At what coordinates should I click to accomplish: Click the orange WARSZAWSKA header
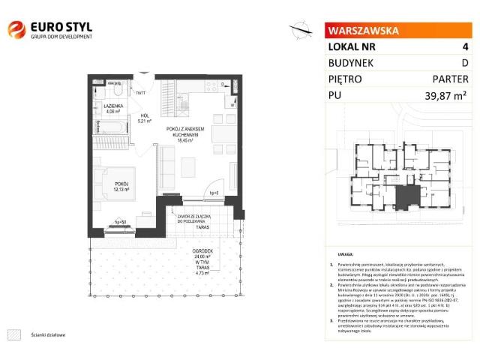[362, 31]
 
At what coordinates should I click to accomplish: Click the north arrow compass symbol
[301, 29]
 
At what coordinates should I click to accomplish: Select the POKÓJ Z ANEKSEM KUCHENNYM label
[184, 132]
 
